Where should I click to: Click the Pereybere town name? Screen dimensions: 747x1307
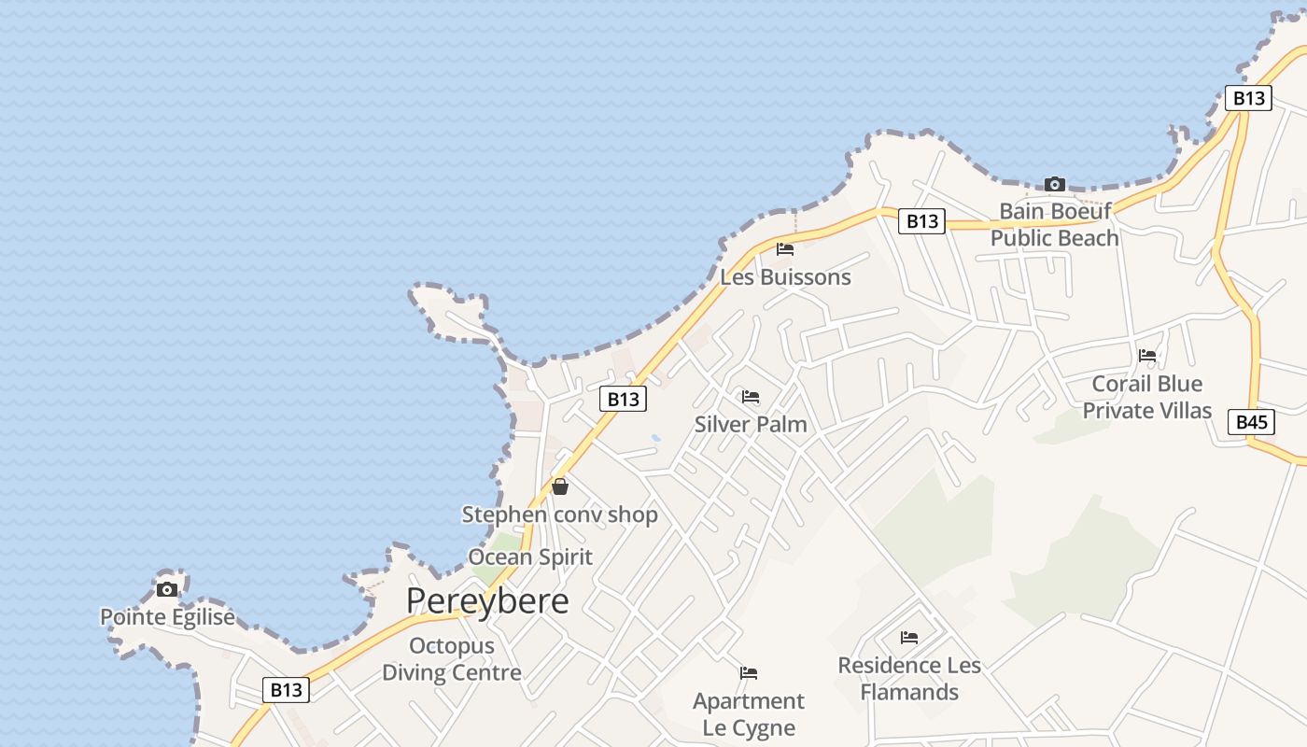click(x=487, y=600)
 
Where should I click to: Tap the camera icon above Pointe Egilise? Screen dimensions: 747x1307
click(x=167, y=589)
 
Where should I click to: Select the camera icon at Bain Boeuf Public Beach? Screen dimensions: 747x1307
click(x=1055, y=184)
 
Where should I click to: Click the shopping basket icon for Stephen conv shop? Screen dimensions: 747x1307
click(x=560, y=486)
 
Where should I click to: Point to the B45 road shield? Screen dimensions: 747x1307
click(x=1251, y=422)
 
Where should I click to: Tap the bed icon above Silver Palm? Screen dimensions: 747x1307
click(x=751, y=397)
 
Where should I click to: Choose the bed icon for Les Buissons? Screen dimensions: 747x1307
click(x=785, y=249)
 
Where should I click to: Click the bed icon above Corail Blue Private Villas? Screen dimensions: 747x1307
click(x=1147, y=356)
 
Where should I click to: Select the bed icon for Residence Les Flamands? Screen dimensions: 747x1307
click(x=909, y=638)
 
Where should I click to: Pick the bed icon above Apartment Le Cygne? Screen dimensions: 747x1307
click(x=749, y=673)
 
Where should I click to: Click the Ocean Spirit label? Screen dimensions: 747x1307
click(x=530, y=557)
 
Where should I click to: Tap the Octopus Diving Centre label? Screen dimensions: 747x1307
click(x=452, y=659)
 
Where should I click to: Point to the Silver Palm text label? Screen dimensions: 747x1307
click(x=751, y=424)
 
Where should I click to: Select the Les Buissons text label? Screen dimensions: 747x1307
click(x=785, y=277)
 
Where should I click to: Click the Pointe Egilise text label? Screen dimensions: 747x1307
click(x=167, y=617)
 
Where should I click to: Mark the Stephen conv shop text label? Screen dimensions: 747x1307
click(x=560, y=514)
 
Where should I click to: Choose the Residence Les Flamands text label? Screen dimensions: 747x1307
click(x=909, y=679)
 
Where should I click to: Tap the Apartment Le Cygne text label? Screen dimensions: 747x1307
click(x=749, y=714)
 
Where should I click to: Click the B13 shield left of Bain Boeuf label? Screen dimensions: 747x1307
click(x=921, y=221)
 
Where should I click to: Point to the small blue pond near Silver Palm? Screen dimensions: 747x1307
click(x=655, y=437)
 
